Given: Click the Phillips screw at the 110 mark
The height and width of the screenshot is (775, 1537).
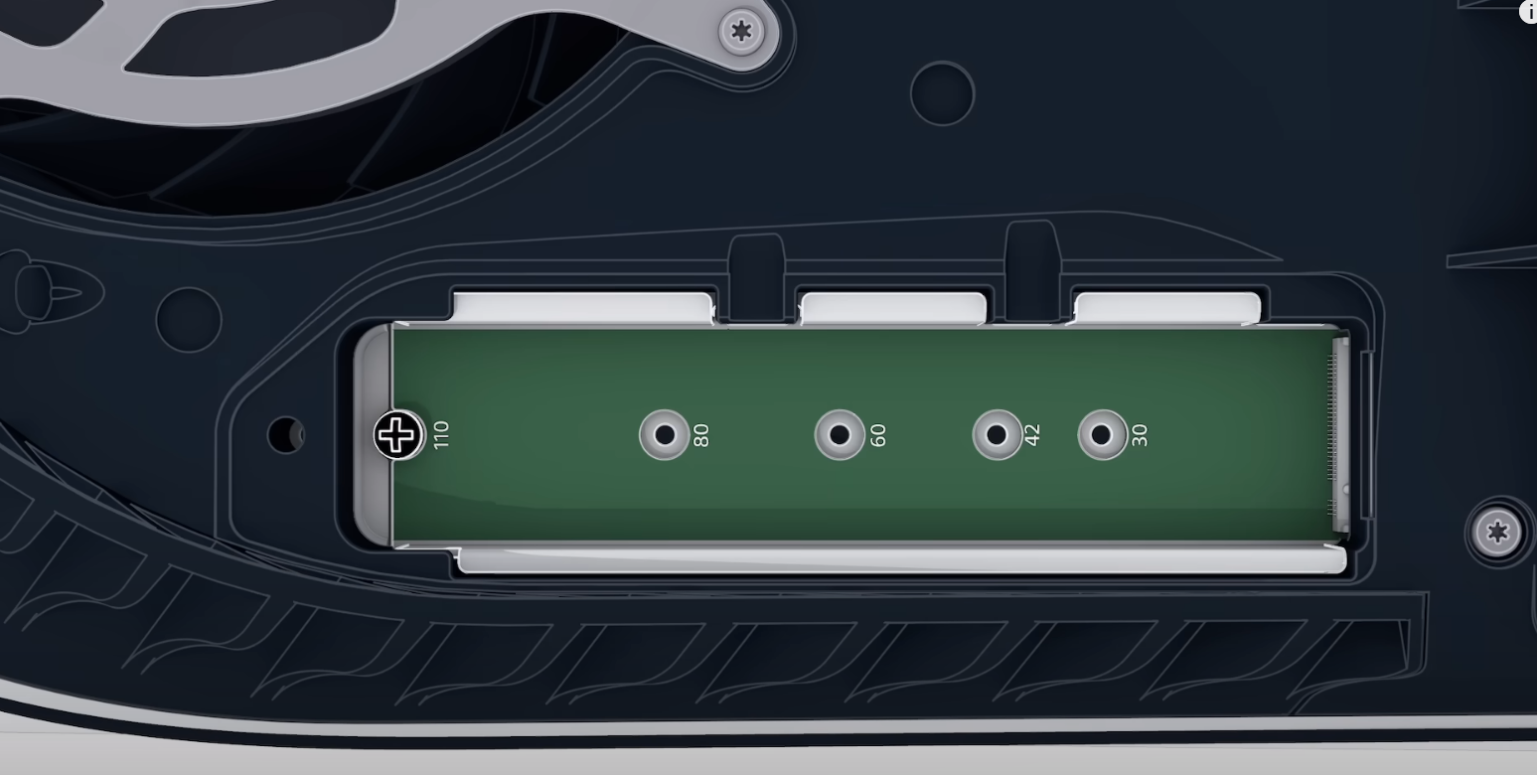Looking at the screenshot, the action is [398, 434].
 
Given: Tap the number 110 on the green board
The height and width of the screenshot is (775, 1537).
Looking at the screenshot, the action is [441, 435].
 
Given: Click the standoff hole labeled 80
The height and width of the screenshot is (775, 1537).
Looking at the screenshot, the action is [665, 434].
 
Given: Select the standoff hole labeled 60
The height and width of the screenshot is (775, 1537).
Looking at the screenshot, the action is [840, 434].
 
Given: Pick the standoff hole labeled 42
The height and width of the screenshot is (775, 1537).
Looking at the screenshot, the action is [997, 434].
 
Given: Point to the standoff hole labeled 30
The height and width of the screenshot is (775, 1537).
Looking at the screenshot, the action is [1102, 434].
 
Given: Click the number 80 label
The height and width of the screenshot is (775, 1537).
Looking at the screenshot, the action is [701, 435].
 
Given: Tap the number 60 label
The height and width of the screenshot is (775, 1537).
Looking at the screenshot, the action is [878, 435].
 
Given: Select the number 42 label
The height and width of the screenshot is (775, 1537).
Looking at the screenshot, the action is [1032, 435].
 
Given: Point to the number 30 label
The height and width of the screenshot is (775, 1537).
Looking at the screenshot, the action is [1139, 435].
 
